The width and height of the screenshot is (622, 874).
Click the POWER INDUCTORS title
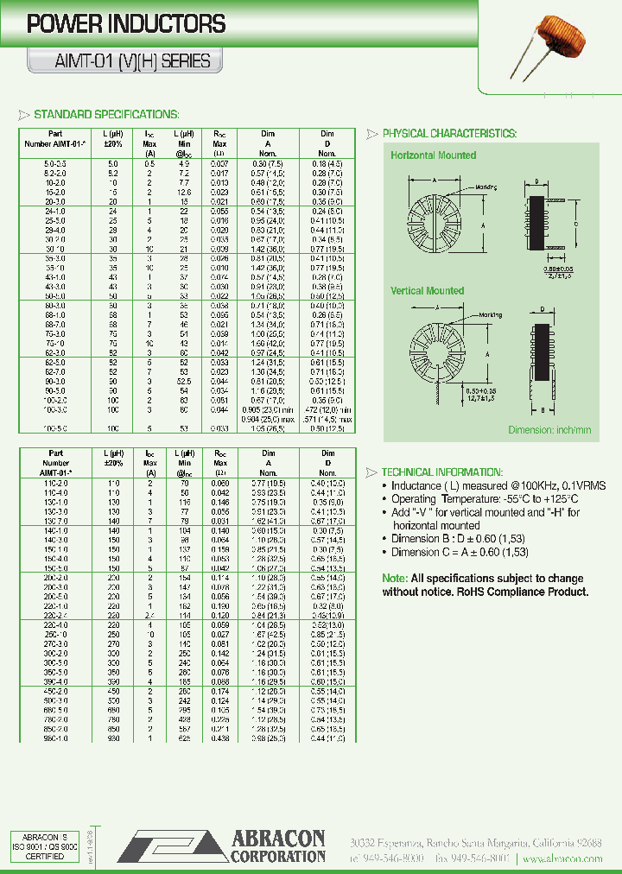pyautogui.click(x=126, y=24)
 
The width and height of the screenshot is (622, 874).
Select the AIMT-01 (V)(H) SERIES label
pyautogui.click(x=119, y=61)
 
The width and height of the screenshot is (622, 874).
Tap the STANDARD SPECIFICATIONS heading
pyautogui.click(x=105, y=114)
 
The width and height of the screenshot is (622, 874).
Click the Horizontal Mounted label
pyautogui.click(x=433, y=155)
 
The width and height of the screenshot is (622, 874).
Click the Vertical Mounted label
pyautogui.click(x=427, y=291)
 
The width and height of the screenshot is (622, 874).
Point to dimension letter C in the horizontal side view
pyautogui.click(x=574, y=221)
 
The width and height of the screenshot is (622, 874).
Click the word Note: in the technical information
pyautogui.click(x=395, y=578)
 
